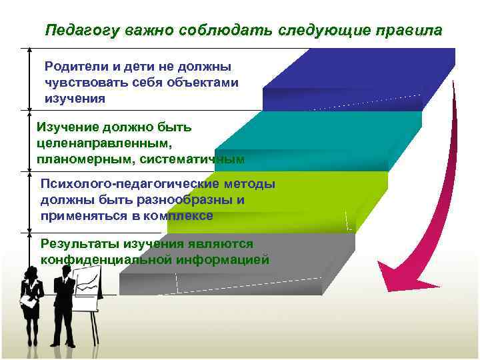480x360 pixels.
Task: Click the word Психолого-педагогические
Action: [126, 185]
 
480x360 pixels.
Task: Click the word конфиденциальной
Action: [105, 260]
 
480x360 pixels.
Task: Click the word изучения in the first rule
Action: [75, 99]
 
